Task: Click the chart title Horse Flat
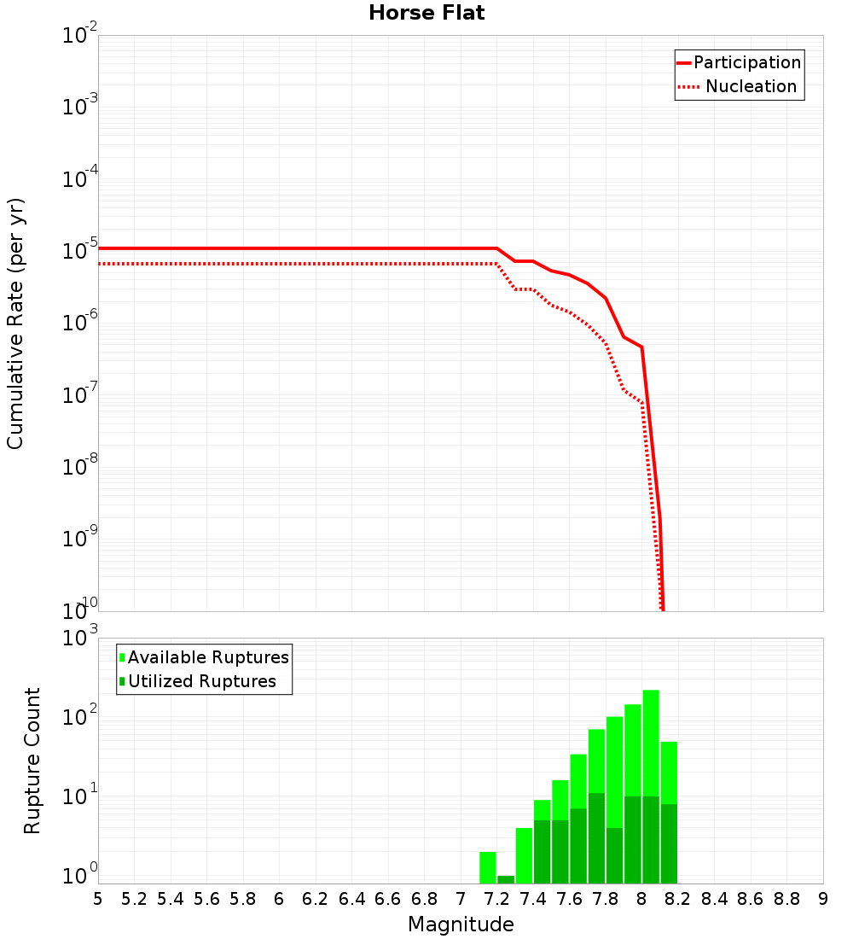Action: [426, 13]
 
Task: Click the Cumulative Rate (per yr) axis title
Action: [15, 323]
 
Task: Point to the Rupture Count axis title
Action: [32, 760]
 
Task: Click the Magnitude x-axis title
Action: [461, 924]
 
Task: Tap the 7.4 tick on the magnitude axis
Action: [533, 899]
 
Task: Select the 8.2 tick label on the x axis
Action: [678, 899]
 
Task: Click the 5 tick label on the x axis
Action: [98, 899]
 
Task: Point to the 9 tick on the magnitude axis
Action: [823, 899]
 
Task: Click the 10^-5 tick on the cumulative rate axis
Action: [78, 252]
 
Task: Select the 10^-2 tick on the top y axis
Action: [78, 36]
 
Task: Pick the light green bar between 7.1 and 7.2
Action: [488, 867]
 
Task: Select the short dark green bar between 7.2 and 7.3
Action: [506, 879]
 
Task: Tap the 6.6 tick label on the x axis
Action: [388, 899]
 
